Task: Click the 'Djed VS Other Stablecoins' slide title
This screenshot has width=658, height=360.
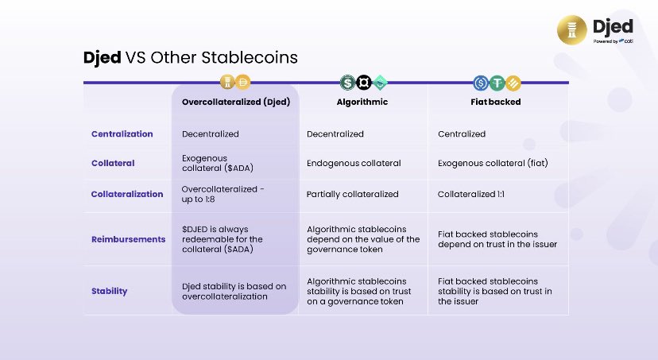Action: click(190, 58)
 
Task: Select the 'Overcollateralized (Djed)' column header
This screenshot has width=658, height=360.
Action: click(235, 102)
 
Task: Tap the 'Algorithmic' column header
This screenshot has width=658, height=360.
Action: click(363, 102)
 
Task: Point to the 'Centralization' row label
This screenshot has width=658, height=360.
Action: click(122, 134)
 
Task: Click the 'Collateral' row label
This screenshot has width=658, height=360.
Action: click(113, 163)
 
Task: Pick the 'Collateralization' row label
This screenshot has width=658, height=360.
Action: click(127, 194)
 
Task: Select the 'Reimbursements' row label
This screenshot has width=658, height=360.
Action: click(128, 238)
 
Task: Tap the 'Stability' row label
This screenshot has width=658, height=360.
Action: click(109, 291)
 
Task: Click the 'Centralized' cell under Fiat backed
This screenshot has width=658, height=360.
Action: click(462, 134)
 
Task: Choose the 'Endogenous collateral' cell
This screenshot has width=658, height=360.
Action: click(354, 163)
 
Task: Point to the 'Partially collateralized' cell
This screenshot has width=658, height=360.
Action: click(353, 194)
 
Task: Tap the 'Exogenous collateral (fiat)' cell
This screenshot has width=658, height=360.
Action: click(493, 163)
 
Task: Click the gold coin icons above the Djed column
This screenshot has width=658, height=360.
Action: click(235, 81)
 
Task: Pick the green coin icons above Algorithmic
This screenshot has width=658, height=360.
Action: click(363, 81)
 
